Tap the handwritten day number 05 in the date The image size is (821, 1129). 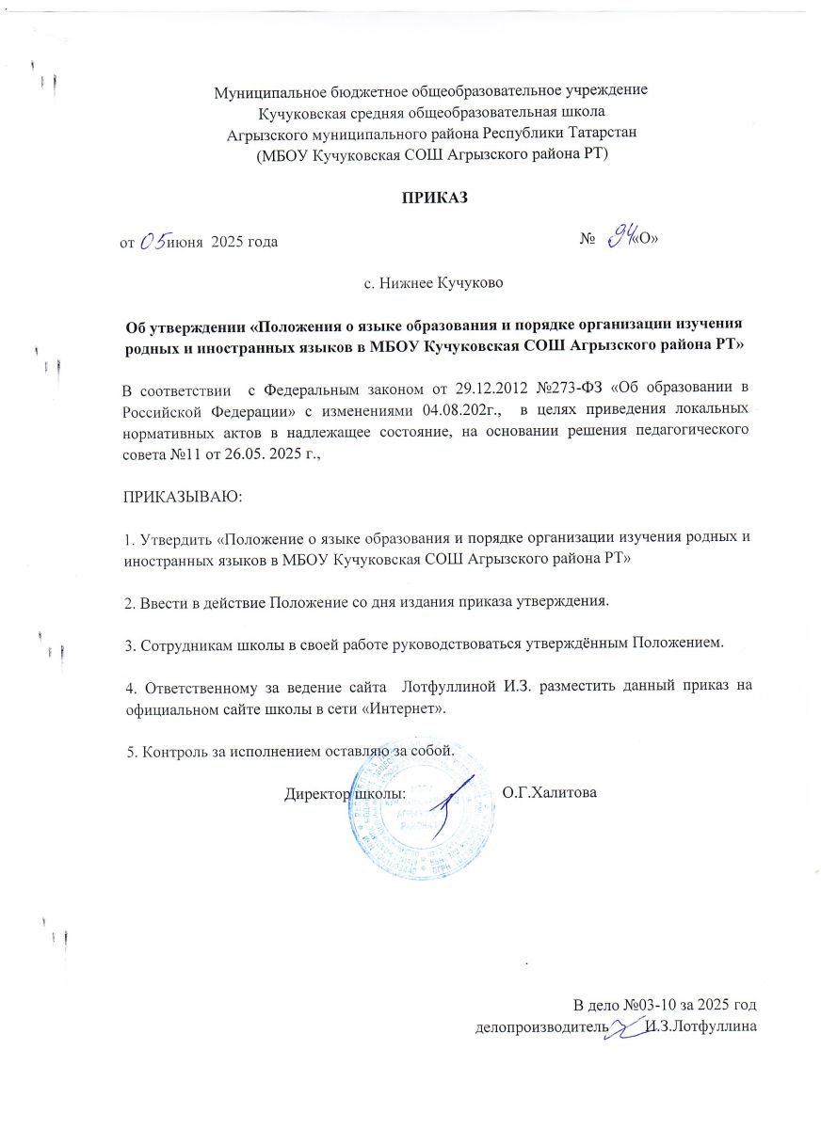pos(152,241)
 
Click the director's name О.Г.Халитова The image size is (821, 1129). pos(550,792)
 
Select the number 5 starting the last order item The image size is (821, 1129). pos(130,751)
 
